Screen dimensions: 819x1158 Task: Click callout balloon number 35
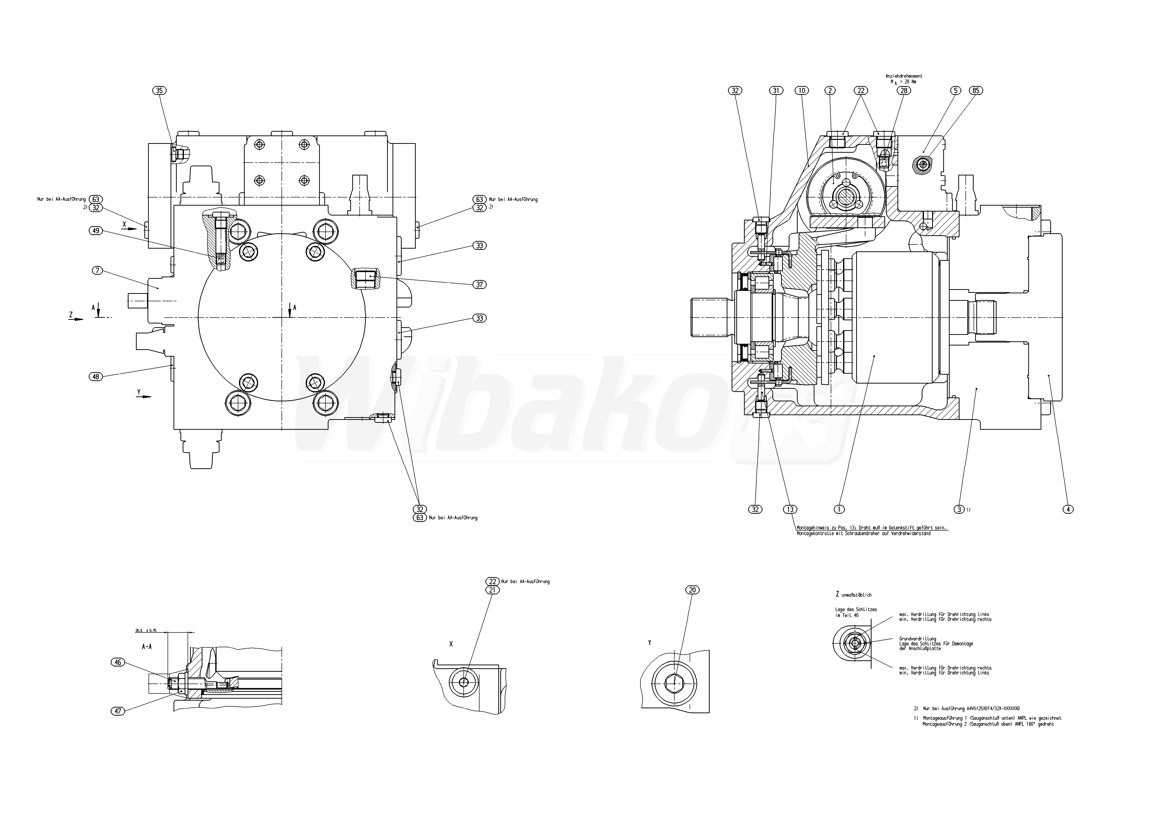tap(159, 91)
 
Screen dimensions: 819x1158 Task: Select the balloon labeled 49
tap(96, 231)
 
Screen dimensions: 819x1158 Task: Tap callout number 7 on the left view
tap(97, 271)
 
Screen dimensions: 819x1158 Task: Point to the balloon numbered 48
tap(96, 376)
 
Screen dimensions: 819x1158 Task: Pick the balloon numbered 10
tap(801, 91)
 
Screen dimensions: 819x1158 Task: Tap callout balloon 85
tap(976, 91)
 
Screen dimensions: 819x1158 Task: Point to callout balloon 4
tap(1068, 509)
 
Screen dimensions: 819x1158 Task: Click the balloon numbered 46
tap(117, 662)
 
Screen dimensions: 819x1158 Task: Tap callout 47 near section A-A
tap(117, 711)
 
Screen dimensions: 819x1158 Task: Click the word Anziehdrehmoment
tap(904, 76)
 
